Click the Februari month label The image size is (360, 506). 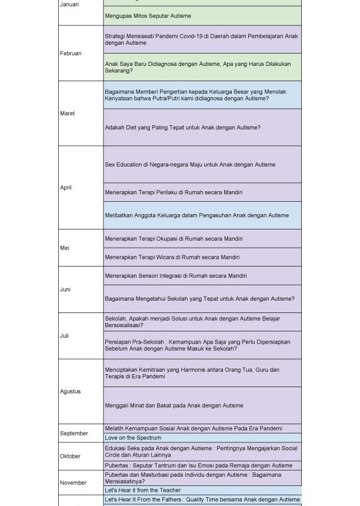[x=71, y=54]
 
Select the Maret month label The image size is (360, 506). [x=67, y=114]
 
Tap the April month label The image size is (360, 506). [x=65, y=188]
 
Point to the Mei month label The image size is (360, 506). [x=64, y=248]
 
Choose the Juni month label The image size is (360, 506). [x=65, y=289]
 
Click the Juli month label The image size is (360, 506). [x=64, y=336]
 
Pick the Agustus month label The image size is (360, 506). [x=70, y=391]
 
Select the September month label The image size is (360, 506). [x=74, y=434]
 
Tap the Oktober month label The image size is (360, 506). [x=70, y=456]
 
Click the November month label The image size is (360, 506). [x=73, y=483]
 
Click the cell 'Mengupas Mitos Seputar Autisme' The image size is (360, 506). [x=148, y=16]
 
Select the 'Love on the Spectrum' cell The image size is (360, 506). [x=133, y=438]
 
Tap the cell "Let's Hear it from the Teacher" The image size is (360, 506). [x=143, y=490]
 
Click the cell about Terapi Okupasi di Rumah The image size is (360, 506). [x=174, y=239]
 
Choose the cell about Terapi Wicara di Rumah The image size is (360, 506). [x=172, y=257]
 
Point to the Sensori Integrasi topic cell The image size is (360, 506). [x=175, y=275]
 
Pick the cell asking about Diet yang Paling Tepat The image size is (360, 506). [x=182, y=128]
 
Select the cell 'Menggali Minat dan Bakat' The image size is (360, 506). [x=174, y=405]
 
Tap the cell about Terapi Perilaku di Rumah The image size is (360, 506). [x=174, y=192]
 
